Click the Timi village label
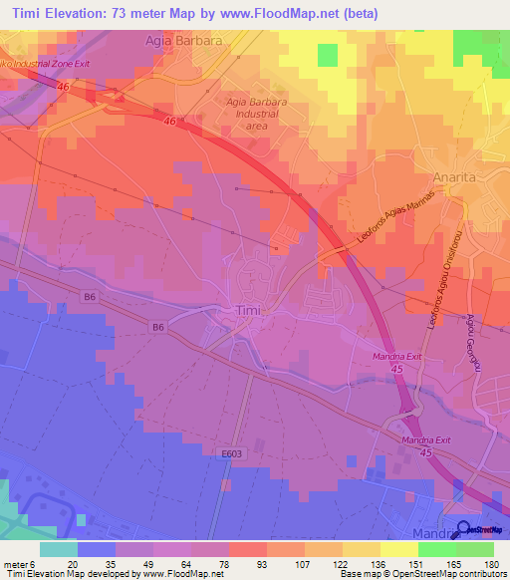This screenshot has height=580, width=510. tap(248, 311)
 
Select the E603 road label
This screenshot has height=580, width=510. tap(232, 453)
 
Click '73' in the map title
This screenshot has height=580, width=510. tap(127, 13)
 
